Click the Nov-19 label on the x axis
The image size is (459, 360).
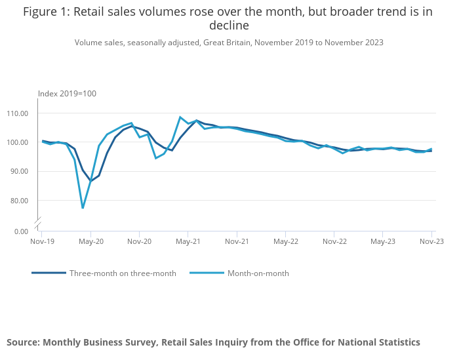[41, 241]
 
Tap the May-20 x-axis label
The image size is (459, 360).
[90, 241]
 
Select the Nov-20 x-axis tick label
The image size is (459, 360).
[139, 241]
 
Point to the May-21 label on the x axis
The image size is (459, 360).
[188, 241]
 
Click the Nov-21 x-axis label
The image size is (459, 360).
[237, 241]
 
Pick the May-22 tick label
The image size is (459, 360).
[286, 241]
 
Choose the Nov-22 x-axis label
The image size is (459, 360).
[334, 241]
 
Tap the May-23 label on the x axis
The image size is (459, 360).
[383, 241]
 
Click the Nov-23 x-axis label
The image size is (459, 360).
[431, 241]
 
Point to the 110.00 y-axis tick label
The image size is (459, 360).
[18, 113]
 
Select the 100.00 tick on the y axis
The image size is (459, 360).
[18, 142]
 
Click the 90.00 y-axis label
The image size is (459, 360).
[19, 171]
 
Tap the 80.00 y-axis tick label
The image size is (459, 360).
[19, 200]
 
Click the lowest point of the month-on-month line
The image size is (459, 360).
[83, 208]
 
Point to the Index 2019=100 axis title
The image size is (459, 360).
[67, 94]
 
